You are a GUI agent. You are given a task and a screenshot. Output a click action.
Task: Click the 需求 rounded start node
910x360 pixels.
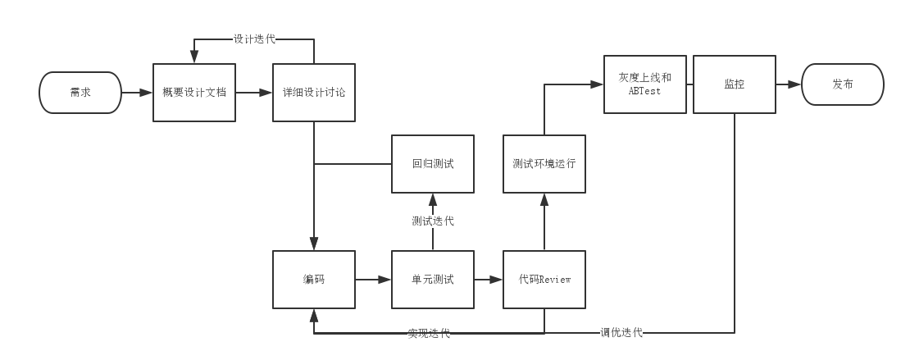[x=80, y=93]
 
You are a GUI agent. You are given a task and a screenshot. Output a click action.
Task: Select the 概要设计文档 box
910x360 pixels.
[x=194, y=93]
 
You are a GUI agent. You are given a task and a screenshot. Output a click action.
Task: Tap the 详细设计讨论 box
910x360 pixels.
[x=314, y=93]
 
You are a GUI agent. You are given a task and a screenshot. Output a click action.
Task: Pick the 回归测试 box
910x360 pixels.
[x=433, y=164]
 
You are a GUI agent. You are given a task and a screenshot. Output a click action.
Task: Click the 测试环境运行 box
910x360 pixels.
[x=544, y=164]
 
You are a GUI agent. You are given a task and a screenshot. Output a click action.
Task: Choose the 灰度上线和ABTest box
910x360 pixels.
[x=645, y=84]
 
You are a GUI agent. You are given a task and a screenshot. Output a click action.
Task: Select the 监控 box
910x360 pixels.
[x=735, y=84]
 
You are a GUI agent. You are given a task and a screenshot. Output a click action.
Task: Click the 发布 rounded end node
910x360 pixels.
[x=842, y=84]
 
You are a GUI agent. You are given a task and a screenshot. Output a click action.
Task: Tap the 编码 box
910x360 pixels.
[x=314, y=280]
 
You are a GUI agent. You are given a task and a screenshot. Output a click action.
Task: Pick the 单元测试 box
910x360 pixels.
[x=433, y=280]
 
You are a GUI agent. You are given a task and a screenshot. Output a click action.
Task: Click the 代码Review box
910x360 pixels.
[x=544, y=280]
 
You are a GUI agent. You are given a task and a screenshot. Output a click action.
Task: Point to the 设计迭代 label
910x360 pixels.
[x=254, y=39]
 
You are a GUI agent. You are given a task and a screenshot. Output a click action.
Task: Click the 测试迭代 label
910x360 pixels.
[x=433, y=221]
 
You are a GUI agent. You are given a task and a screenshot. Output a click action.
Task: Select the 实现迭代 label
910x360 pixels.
[x=429, y=333]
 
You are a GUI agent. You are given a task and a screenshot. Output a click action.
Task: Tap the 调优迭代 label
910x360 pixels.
[x=621, y=333]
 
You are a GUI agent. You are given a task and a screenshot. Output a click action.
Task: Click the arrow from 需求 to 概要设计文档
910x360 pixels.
[x=137, y=93]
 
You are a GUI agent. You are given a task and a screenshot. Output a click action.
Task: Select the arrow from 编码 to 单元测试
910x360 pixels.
[x=374, y=280]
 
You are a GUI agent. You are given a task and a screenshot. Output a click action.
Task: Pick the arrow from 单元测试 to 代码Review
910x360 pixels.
[x=489, y=280]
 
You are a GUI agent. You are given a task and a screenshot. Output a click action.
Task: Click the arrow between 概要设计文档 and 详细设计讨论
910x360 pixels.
[x=254, y=93]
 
